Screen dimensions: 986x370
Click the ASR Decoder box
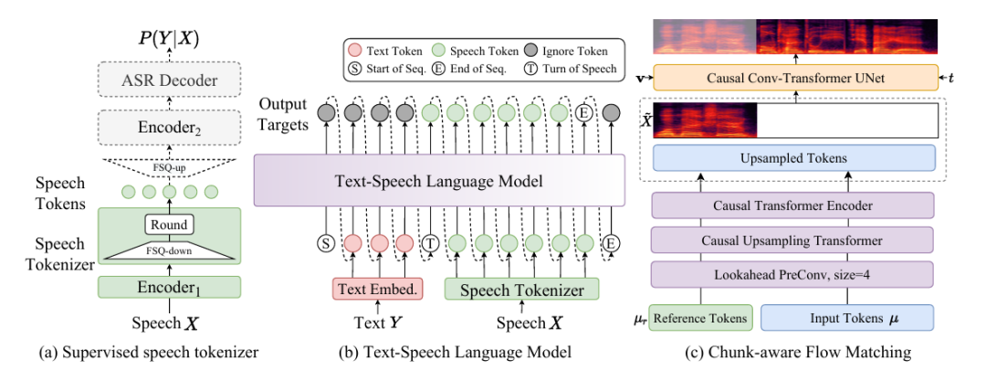(x=169, y=80)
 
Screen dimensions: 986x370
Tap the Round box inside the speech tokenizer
(x=169, y=224)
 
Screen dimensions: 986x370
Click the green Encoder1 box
(x=169, y=287)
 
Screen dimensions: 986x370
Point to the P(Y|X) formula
(x=169, y=39)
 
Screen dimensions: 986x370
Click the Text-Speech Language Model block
(x=439, y=181)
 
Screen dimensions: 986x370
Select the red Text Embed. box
(x=377, y=290)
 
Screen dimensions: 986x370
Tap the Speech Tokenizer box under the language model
(x=522, y=290)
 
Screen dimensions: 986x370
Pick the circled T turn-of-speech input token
(x=431, y=243)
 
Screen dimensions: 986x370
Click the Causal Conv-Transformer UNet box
(x=795, y=77)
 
